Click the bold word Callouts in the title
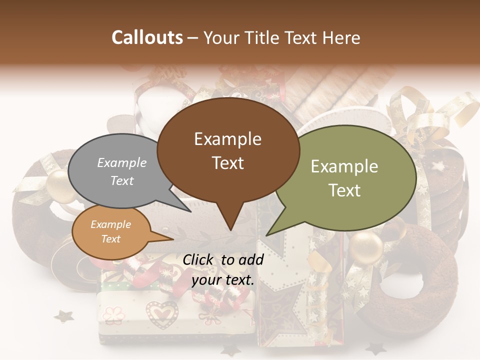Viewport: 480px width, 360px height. click(147, 37)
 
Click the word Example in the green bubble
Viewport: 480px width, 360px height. click(344, 166)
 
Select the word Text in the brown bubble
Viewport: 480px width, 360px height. click(228, 163)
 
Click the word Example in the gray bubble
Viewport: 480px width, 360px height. click(121, 162)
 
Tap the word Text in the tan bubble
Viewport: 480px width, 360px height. click(110, 239)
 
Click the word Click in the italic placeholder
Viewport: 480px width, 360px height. click(198, 259)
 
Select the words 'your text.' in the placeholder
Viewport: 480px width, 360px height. click(223, 280)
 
